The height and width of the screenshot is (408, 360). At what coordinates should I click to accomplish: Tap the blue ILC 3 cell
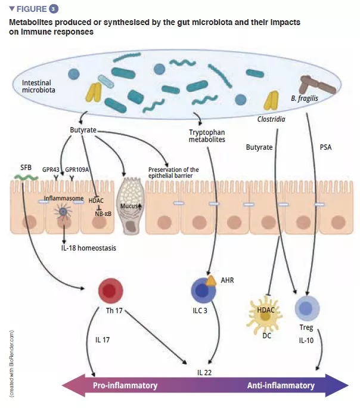(x=204, y=290)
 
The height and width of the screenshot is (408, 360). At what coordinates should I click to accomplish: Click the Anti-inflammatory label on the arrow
(x=281, y=385)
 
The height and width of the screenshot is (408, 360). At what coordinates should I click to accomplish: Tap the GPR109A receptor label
(x=76, y=169)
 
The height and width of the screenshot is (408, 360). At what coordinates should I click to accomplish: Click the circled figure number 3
(x=54, y=8)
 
